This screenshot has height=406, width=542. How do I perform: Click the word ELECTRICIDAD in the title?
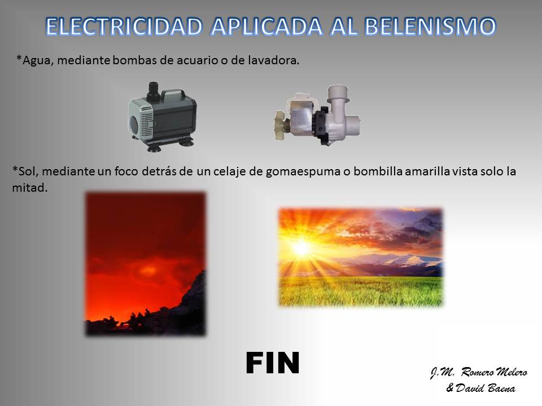[124, 27]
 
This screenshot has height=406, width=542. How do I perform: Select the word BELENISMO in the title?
[430, 27]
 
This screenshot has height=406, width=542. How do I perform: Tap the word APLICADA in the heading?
[266, 27]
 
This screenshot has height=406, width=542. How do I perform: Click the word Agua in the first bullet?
[38, 61]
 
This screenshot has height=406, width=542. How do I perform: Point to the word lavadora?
[273, 60]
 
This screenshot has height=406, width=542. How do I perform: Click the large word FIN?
[272, 363]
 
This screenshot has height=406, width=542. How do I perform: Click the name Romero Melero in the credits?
[495, 372]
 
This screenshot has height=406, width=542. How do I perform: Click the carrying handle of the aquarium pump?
[173, 92]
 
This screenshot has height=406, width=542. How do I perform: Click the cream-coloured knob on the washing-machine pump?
[281, 126]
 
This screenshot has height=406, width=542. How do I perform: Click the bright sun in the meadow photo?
[301, 248]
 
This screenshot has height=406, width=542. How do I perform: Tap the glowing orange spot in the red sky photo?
[148, 270]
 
